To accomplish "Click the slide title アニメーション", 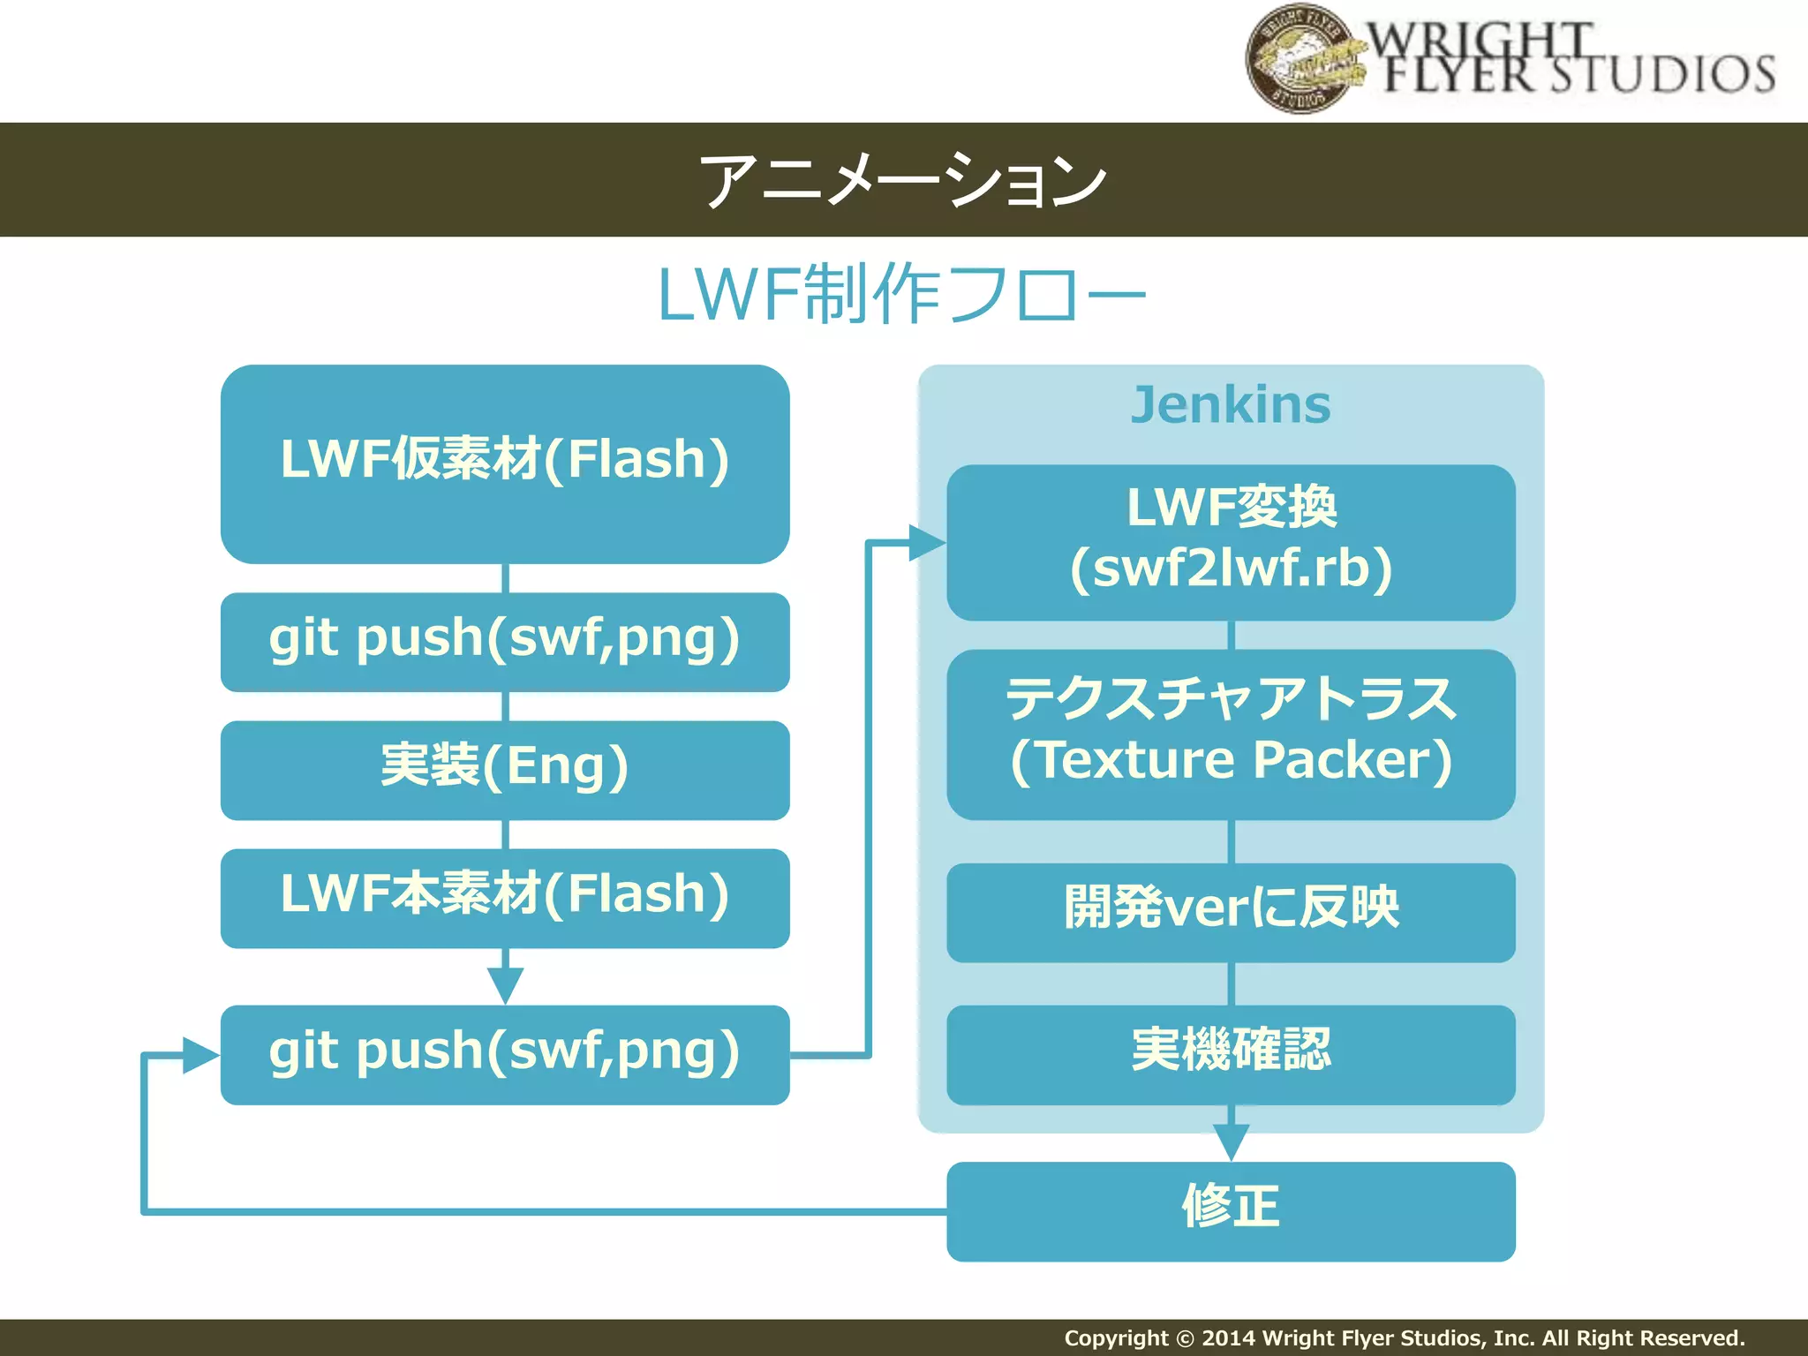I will (902, 180).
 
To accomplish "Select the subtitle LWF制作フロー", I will (902, 295).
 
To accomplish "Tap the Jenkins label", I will (1231, 405).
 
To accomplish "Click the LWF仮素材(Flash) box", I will (505, 463).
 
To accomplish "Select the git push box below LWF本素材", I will (505, 1054).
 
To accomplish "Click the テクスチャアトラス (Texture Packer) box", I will (1231, 734).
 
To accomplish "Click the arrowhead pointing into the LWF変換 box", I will (926, 542).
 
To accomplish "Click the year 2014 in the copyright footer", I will (1229, 1338).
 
